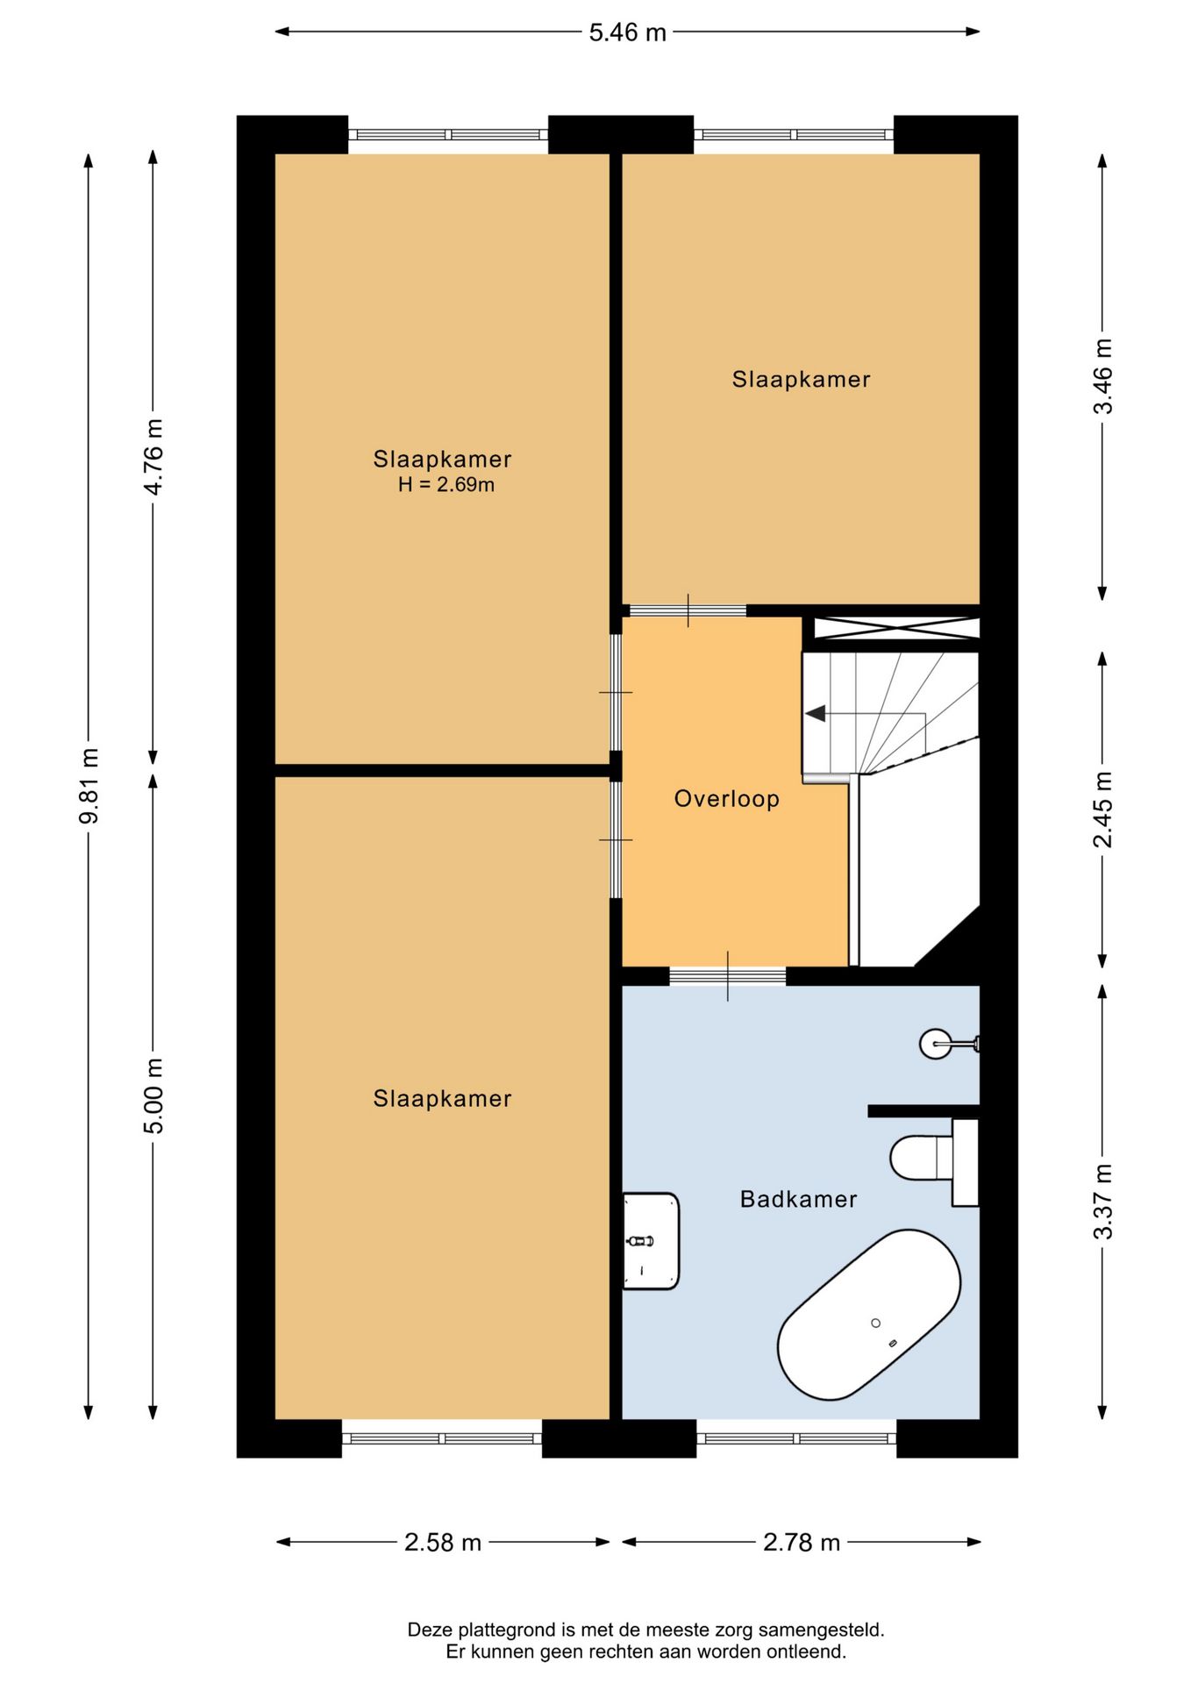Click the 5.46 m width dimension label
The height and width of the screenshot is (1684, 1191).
(x=627, y=32)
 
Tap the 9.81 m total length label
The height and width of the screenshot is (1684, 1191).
(x=89, y=786)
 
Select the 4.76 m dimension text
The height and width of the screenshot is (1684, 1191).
(x=153, y=457)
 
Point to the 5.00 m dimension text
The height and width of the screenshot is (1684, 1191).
(x=153, y=1095)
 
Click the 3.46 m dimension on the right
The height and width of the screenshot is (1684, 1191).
(x=1102, y=376)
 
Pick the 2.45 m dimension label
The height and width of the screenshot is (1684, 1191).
(x=1102, y=810)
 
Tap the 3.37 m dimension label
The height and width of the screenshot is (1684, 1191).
(x=1102, y=1202)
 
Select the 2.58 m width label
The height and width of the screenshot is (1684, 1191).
(x=443, y=1542)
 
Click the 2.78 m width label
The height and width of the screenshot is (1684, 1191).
(x=802, y=1542)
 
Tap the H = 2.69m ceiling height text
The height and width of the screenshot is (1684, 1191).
(x=446, y=484)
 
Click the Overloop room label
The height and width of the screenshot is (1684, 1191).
(x=726, y=799)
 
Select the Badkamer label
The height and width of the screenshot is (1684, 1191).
(x=798, y=1199)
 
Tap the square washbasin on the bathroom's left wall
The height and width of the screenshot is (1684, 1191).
(x=651, y=1241)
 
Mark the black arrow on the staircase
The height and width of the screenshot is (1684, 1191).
(x=816, y=714)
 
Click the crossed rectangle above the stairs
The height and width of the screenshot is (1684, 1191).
(x=896, y=628)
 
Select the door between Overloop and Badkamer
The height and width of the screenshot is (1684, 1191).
(x=727, y=976)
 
